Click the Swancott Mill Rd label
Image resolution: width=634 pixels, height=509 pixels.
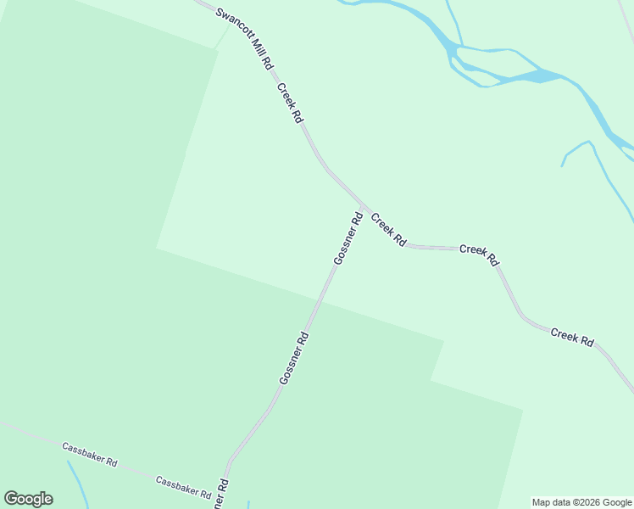pos(245,39)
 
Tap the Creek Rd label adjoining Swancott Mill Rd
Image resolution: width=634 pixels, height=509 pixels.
pos(288,103)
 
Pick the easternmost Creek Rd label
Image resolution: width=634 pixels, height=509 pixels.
pos(572,336)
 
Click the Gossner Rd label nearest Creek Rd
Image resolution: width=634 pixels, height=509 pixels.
pos(348,238)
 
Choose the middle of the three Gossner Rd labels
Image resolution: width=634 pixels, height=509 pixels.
pos(293,358)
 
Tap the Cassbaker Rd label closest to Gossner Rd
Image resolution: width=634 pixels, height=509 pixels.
pos(183,485)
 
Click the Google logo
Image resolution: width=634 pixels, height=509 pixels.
pos(28,499)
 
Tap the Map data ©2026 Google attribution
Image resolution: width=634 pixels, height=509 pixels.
pos(581,502)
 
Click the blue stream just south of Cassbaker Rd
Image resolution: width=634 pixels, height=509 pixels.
pos(78,484)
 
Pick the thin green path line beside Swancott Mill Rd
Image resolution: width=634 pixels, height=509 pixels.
pos(222,36)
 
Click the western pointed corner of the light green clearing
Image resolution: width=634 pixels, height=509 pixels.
pos(157,248)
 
